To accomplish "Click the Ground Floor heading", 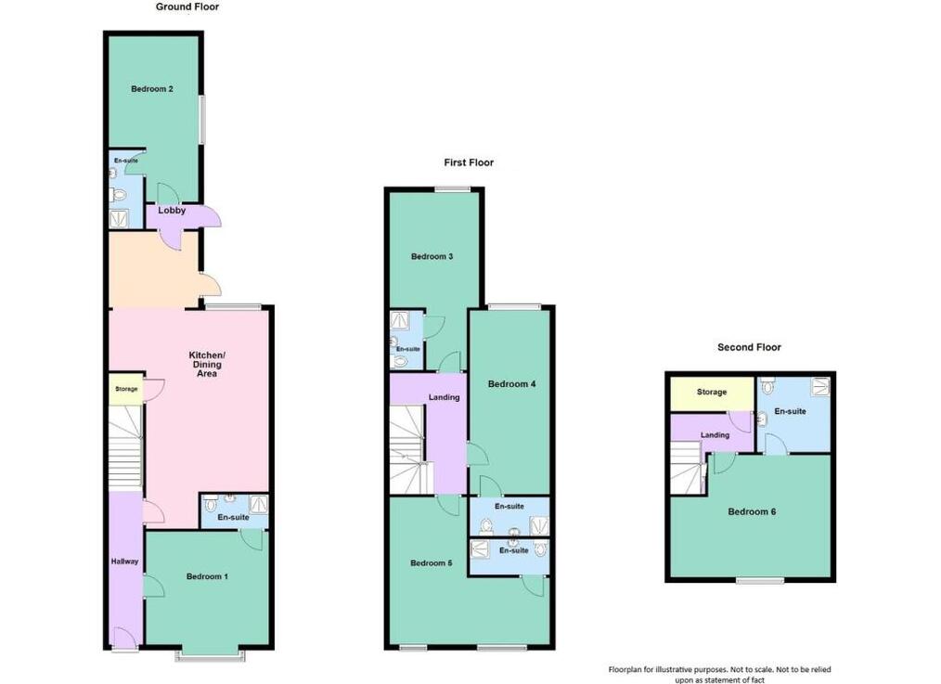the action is tap(187, 7).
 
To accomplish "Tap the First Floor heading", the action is tap(469, 162).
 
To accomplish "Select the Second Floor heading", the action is tap(749, 347).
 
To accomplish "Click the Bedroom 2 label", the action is tap(152, 89).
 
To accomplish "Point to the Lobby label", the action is tap(172, 211).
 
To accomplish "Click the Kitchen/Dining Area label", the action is tap(207, 364).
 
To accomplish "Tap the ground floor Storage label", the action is tap(126, 389).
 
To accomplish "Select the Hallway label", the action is tap(125, 561).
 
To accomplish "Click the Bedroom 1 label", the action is tap(207, 576).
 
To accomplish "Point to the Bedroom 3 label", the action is tap(432, 257).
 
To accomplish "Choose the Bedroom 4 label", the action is tap(511, 384).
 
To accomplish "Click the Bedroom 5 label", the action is tap(431, 563).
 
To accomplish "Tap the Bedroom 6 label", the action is tap(752, 511).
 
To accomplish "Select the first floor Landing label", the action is tap(445, 397).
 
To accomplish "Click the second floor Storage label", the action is tap(712, 392).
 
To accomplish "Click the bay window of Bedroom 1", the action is tap(210, 654).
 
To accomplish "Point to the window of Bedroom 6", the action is tap(760, 581).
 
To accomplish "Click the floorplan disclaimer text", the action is tap(719, 675).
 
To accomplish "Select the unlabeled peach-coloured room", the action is tap(154, 270).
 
